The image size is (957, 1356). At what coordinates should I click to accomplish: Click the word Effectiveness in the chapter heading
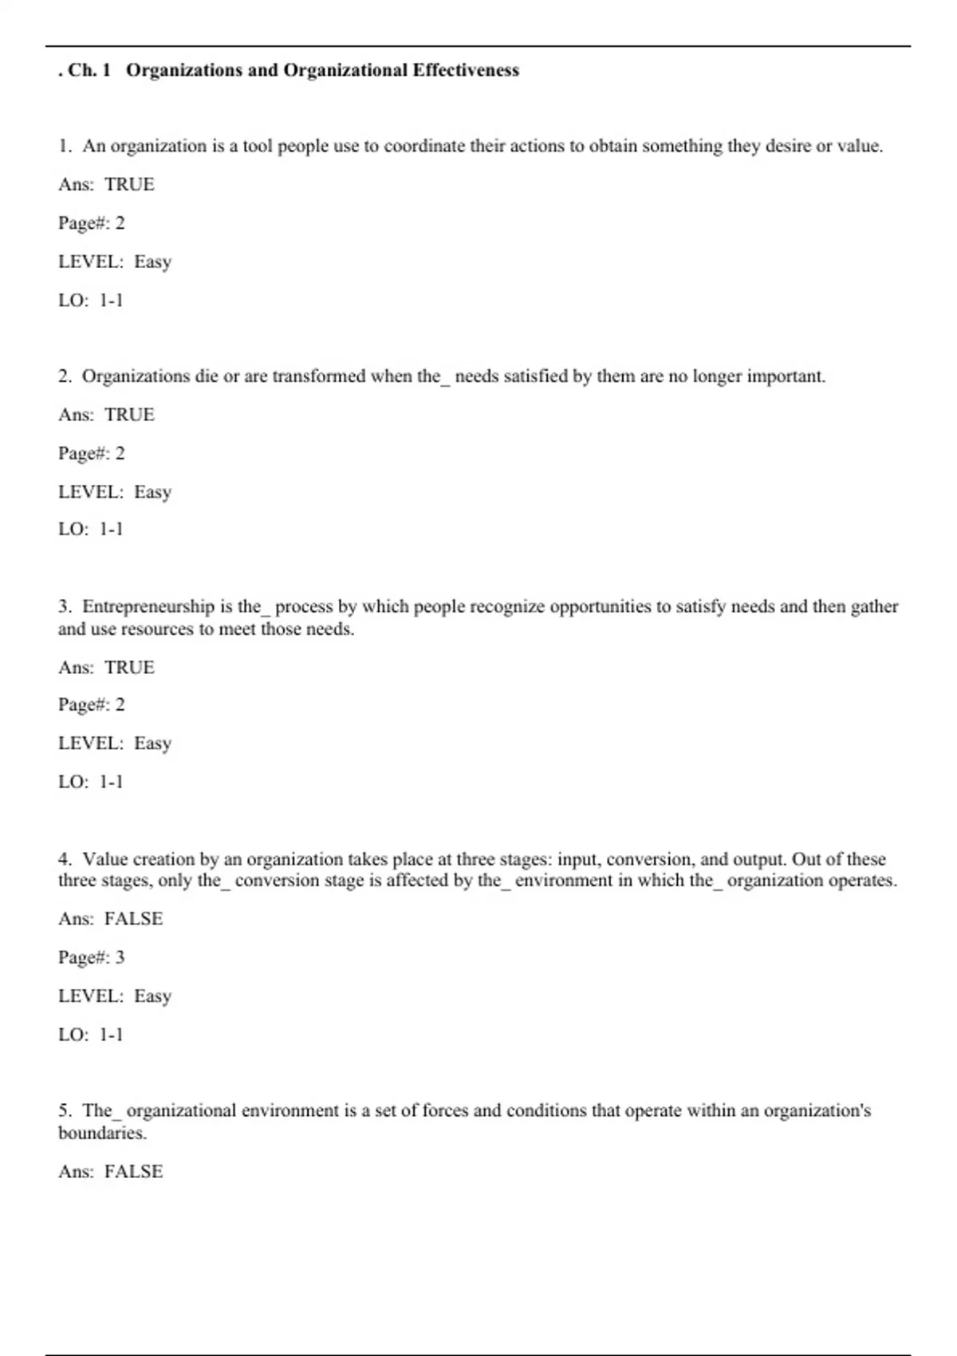(466, 70)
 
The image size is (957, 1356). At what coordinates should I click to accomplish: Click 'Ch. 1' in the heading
(89, 70)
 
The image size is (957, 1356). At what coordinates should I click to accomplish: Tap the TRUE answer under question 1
(129, 184)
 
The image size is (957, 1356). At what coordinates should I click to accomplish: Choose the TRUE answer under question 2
(129, 415)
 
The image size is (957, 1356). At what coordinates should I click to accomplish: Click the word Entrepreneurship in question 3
(148, 606)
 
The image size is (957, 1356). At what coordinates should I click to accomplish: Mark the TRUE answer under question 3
(129, 667)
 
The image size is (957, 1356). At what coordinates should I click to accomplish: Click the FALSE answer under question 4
(133, 919)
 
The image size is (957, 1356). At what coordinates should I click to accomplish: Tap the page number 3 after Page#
(120, 957)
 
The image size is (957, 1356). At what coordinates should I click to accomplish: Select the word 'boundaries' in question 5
(101, 1133)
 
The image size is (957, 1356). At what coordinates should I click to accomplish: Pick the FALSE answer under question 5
(133, 1171)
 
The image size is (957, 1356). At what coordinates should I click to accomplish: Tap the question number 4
(64, 859)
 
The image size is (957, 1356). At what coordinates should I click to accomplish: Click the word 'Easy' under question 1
(152, 262)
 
